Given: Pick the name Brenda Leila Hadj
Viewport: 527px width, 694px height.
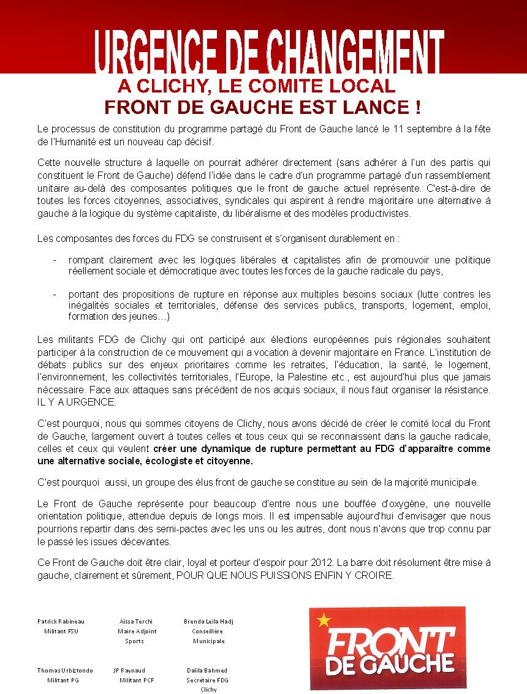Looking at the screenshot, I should point(208,621).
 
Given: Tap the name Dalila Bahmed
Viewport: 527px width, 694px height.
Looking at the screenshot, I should point(208,670).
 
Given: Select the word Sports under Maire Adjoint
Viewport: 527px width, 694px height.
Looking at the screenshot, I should point(134,641).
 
